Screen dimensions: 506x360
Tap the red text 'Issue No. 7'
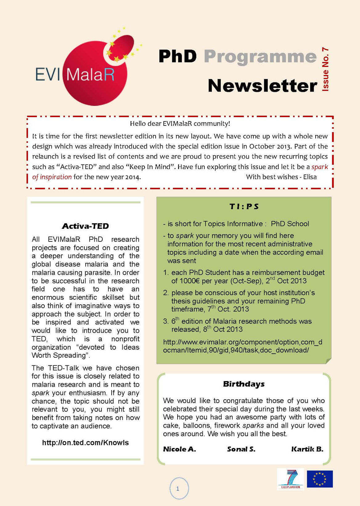325,69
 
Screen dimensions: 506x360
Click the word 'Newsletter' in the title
262,86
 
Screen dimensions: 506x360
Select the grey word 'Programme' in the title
260,56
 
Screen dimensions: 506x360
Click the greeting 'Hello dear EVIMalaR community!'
180,124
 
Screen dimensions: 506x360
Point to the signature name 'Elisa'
310,177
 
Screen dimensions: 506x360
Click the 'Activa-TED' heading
85,226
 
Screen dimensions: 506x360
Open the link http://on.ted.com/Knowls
85,443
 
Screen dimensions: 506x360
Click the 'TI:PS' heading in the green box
244,206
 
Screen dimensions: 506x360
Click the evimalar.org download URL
243,346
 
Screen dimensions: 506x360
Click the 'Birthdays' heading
244,384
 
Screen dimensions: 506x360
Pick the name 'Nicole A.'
179,449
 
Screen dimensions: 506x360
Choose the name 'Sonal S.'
241,449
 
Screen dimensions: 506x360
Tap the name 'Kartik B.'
307,449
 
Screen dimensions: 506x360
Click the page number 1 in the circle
178,489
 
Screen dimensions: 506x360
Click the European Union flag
320,479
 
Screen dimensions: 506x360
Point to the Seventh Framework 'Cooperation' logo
290,479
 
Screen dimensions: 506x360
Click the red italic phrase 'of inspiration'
52,177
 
